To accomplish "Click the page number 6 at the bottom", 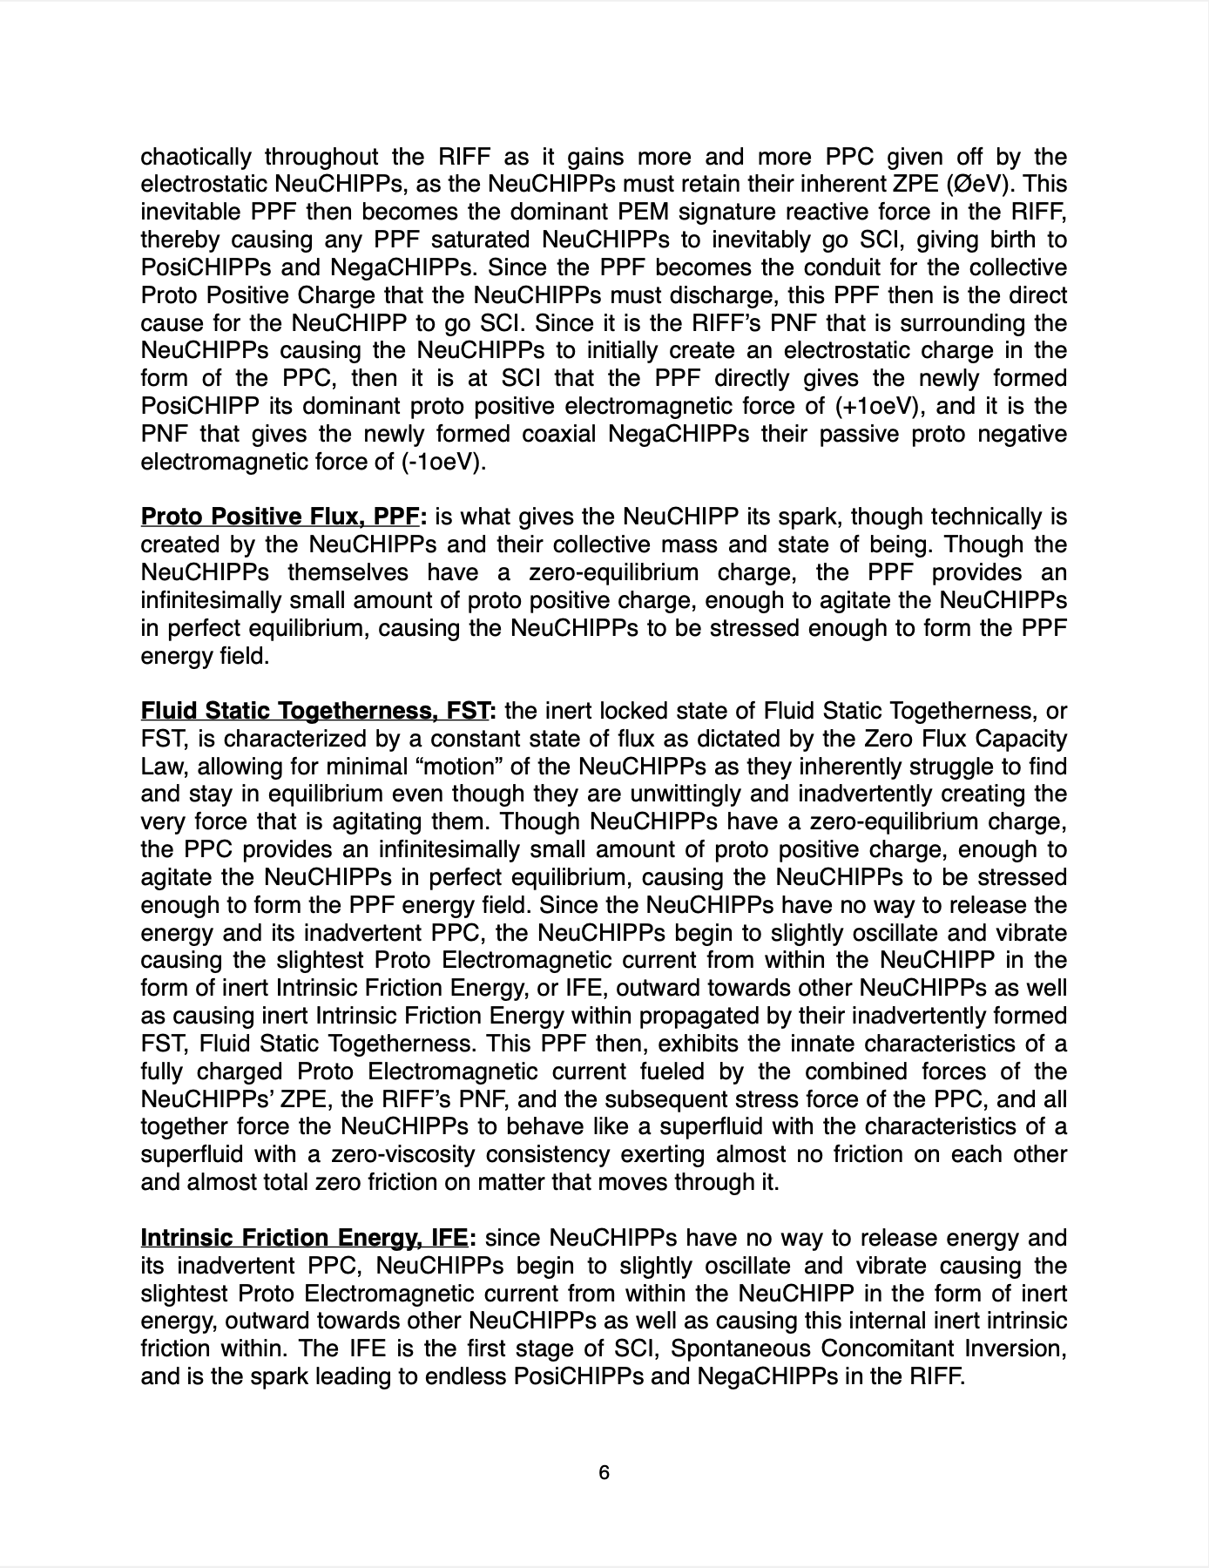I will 604,1473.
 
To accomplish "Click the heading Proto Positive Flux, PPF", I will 280,517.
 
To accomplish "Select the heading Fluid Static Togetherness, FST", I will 314,712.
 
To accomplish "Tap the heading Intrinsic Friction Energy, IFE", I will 304,1238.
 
